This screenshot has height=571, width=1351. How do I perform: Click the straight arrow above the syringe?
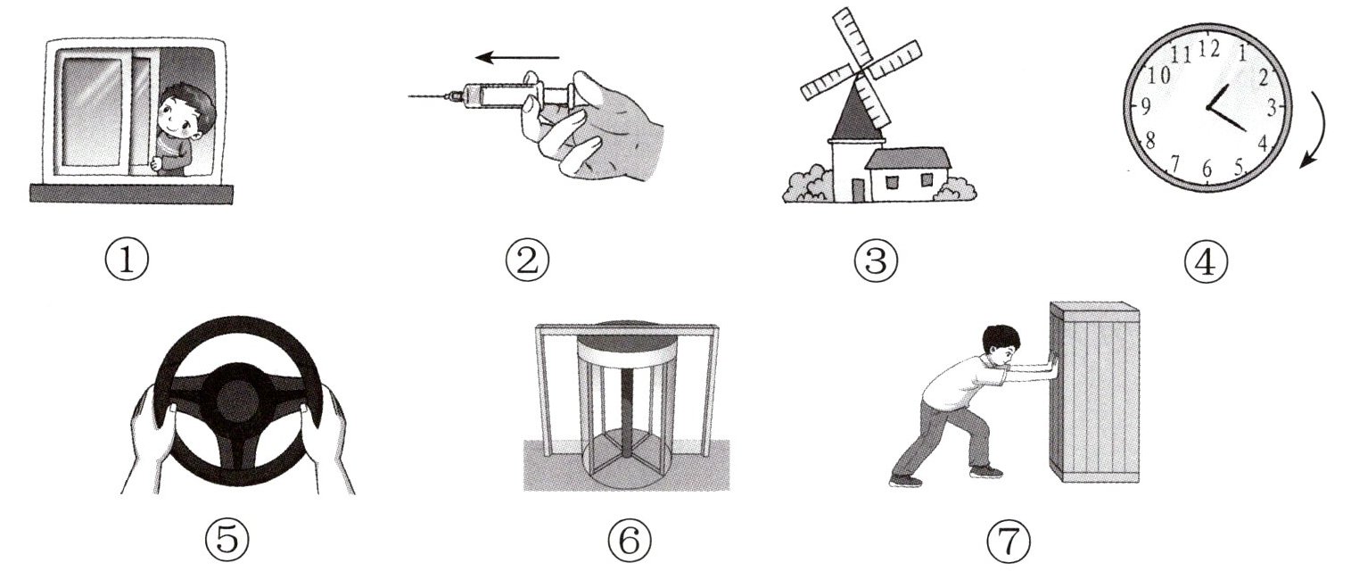[x=517, y=58]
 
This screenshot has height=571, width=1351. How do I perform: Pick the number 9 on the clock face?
[x=1145, y=107]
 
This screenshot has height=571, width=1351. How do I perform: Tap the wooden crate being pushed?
[x=1094, y=393]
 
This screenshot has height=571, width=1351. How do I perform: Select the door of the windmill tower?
[x=858, y=190]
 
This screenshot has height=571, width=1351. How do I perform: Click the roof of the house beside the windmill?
[x=908, y=158]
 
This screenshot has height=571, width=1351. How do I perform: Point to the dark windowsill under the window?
[x=131, y=194]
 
